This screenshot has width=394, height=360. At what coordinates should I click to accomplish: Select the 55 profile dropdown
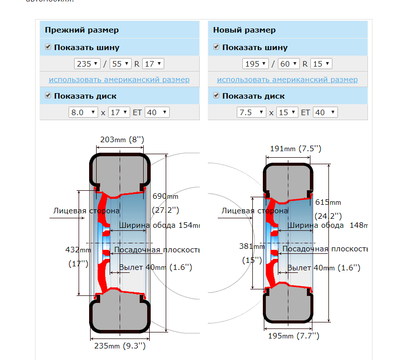(x=121, y=64)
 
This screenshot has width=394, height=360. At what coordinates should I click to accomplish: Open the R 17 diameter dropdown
(x=153, y=64)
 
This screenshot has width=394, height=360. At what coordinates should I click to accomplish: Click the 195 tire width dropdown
(x=255, y=64)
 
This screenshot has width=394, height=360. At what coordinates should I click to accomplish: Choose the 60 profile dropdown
(x=289, y=64)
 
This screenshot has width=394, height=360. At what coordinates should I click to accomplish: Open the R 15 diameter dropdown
(x=321, y=64)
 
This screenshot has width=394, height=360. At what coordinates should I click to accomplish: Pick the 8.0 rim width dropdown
(x=83, y=112)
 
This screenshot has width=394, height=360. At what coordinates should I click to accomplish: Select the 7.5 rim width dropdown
(x=251, y=112)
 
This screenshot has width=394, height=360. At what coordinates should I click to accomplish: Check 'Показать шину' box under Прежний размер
(x=48, y=47)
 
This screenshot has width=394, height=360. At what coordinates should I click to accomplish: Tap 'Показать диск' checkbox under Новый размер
(x=216, y=95)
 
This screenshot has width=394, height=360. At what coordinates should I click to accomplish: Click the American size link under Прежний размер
(x=119, y=80)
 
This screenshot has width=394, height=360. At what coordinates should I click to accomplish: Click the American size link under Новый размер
(x=287, y=80)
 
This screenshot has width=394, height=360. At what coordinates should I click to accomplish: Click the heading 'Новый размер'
(x=244, y=30)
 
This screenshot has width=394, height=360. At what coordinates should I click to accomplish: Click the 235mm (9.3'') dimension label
(x=120, y=345)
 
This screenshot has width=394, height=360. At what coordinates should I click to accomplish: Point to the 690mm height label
(x=165, y=196)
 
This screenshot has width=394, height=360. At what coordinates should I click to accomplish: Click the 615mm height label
(x=328, y=202)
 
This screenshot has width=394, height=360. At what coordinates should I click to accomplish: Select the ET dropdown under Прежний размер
(x=157, y=112)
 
